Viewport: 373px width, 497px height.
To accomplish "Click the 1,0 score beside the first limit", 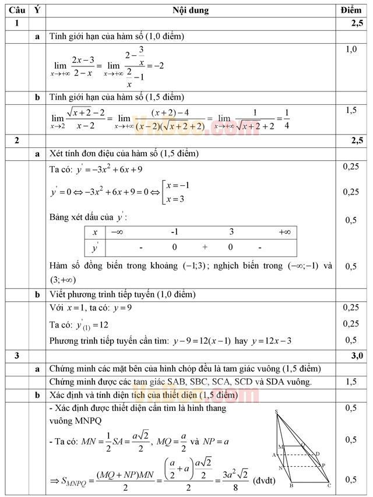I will click(351, 50).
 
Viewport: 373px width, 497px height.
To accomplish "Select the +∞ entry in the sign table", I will click(284, 232).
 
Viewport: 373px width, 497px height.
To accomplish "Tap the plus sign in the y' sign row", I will click(205, 247).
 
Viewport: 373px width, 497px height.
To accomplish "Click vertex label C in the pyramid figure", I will click(329, 485).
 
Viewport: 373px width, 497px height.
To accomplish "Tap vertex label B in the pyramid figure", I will click(291, 485).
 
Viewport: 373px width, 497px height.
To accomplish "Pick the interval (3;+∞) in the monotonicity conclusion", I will click(65, 280).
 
